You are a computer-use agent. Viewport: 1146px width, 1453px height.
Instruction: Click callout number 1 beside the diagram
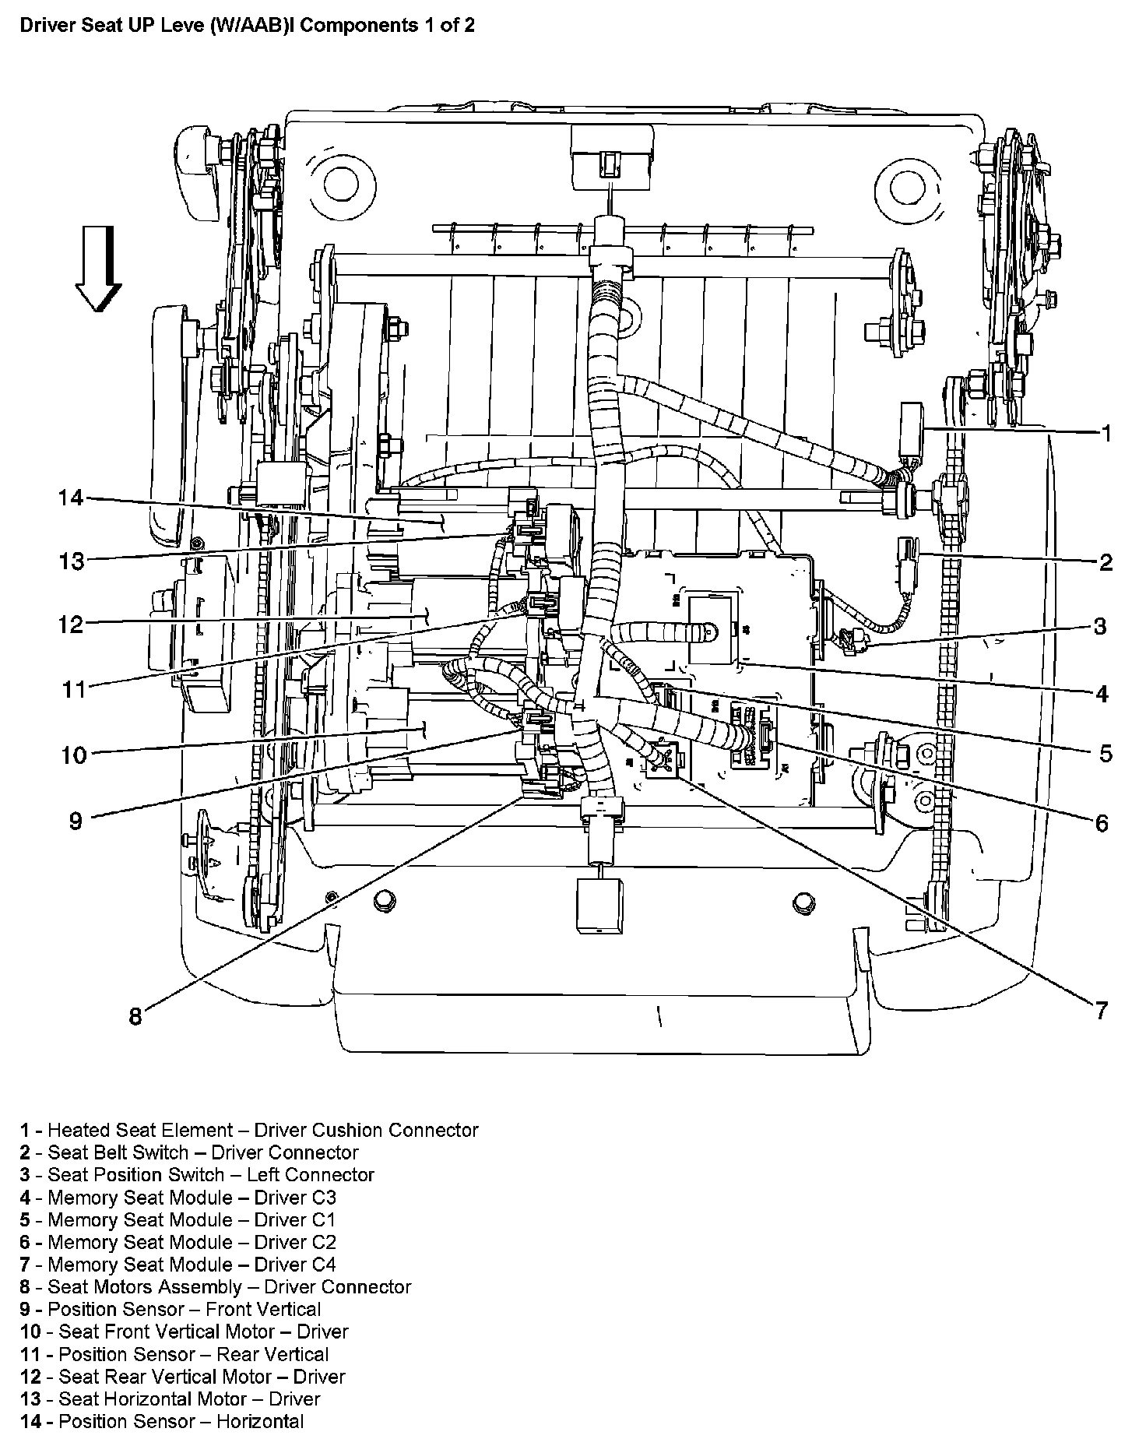pos(1106,434)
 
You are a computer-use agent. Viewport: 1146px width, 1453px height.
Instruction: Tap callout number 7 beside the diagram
pos(1101,1011)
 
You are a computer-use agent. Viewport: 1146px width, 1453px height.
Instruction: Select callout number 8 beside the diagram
pos(135,1016)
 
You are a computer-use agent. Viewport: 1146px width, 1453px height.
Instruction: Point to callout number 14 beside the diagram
pos(71,497)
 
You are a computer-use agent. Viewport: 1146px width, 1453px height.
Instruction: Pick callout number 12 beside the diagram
pos(71,624)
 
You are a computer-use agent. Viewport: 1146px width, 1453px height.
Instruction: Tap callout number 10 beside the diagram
pos(74,755)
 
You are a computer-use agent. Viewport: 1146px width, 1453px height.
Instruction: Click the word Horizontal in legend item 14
pos(260,1421)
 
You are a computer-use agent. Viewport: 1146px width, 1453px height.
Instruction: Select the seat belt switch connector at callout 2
pos(906,562)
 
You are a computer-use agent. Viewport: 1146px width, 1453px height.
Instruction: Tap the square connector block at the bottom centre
pos(599,906)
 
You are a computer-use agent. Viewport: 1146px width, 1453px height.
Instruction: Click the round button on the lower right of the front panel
pos(803,903)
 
